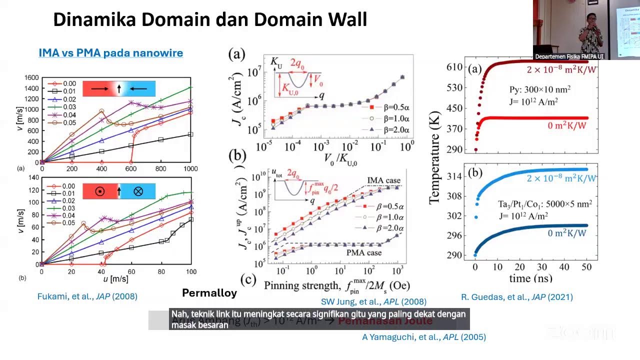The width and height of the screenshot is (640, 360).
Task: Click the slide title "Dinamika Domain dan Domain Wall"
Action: pos(210,20)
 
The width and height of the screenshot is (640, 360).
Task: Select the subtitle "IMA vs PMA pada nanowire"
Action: pos(110,53)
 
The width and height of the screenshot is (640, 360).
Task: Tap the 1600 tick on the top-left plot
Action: pos(31,77)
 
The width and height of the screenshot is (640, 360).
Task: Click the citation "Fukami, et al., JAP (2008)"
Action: pos(87,296)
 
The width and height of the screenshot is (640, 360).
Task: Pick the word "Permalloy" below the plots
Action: pos(209,293)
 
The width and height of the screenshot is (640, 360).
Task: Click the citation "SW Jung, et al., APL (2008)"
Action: pos(373,301)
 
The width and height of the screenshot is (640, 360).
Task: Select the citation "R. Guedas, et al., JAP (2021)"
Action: pos(516,297)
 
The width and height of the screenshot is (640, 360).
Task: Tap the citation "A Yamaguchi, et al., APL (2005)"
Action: pos(423,337)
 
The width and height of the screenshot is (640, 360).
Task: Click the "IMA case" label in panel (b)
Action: pos(383,180)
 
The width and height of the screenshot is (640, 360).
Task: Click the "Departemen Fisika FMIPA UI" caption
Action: pos(569,56)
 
